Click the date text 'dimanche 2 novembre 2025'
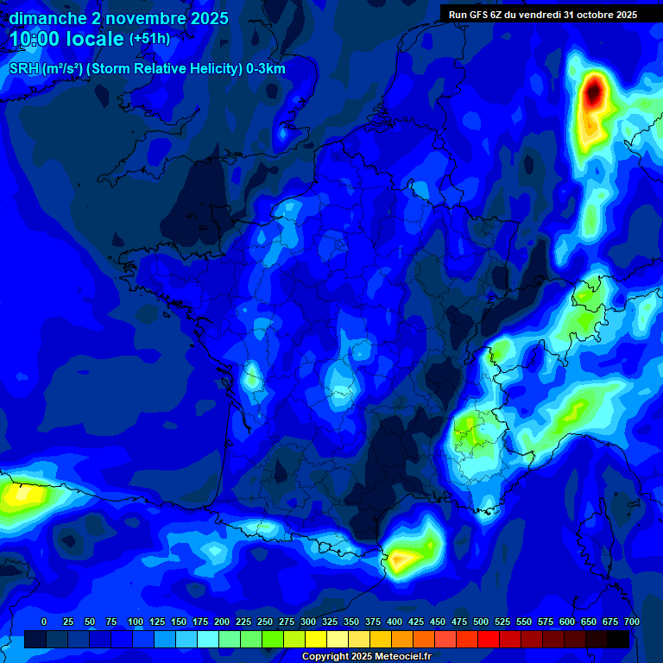pos(118,18)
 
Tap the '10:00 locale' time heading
pos(67,39)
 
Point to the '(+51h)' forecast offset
pos(149,39)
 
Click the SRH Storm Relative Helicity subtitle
pos(147,69)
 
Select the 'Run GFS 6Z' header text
pos(543,14)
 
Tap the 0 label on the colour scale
pos(44,622)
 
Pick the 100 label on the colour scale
pos(136,622)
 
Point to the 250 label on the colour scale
pos(265,622)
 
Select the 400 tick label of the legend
pos(395,622)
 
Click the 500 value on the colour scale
pos(481,622)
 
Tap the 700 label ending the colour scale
pos(631,622)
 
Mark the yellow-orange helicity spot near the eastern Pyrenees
pos(402,559)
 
